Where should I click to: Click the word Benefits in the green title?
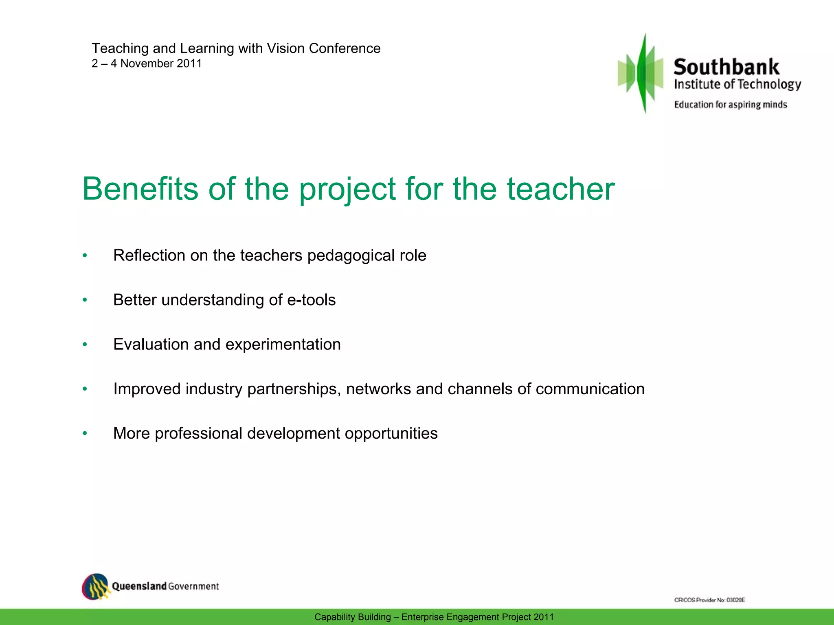point(140,189)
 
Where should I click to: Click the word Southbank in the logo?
point(726,67)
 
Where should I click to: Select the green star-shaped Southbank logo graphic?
point(642,73)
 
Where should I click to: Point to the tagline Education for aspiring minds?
point(730,105)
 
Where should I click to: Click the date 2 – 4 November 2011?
point(147,63)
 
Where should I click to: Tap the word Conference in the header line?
point(345,48)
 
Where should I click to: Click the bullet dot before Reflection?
point(85,256)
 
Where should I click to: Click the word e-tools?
point(311,300)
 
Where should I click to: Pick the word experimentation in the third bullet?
point(283,345)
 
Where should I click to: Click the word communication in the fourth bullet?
point(590,389)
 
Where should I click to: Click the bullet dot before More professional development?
point(85,433)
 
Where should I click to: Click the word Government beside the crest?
point(193,586)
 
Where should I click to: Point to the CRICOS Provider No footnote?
point(709,600)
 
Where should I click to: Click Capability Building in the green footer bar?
point(352,617)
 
